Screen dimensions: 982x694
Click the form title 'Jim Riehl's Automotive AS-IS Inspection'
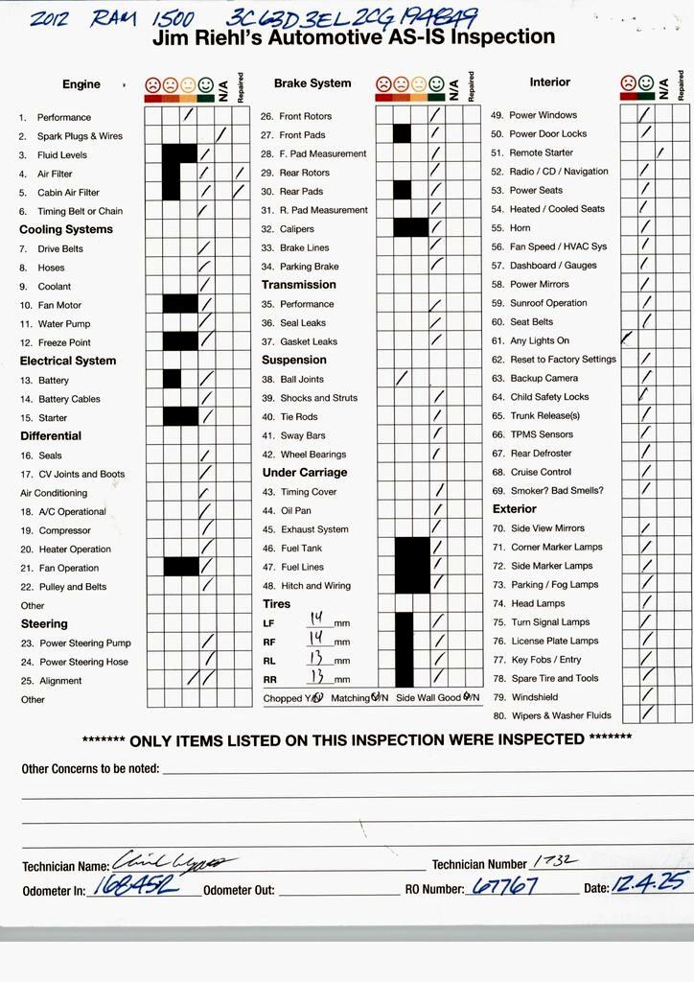354,38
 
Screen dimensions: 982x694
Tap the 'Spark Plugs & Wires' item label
80,136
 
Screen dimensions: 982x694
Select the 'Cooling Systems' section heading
66,230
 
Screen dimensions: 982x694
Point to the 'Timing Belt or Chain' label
80,211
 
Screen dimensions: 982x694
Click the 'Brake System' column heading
312,83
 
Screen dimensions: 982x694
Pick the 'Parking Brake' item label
309,267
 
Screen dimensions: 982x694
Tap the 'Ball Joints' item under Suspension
302,380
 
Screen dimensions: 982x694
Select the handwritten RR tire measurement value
316,677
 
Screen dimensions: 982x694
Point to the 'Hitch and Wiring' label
315,586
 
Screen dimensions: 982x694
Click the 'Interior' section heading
549,82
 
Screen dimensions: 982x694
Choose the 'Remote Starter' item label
542,152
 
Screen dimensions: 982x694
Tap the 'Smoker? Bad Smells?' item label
557,490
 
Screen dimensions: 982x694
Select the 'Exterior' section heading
515,509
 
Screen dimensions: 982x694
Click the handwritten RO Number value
504,887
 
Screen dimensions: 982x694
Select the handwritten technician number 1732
548,862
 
